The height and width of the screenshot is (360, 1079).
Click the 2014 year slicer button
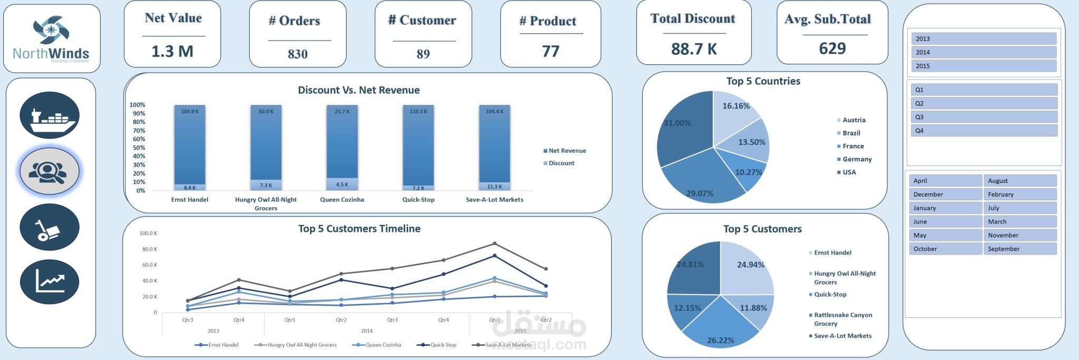point(984,52)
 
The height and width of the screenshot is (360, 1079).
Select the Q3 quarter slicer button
point(984,117)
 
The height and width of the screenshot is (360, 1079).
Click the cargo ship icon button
point(50,115)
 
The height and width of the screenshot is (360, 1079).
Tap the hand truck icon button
point(50,227)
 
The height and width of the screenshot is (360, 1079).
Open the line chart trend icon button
point(50,281)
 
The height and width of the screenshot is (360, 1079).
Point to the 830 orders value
point(298,54)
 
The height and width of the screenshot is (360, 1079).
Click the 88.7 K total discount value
point(694,49)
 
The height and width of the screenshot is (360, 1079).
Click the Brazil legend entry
point(851,133)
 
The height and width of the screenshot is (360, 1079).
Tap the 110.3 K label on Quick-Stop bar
point(418,112)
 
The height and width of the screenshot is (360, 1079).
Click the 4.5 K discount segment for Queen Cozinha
point(342,184)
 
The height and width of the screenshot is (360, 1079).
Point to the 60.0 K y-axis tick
point(148,265)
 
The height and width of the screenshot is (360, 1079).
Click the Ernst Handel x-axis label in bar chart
point(190,200)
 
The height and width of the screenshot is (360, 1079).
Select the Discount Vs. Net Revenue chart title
point(359,90)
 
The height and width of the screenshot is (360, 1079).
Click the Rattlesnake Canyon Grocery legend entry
point(842,319)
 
